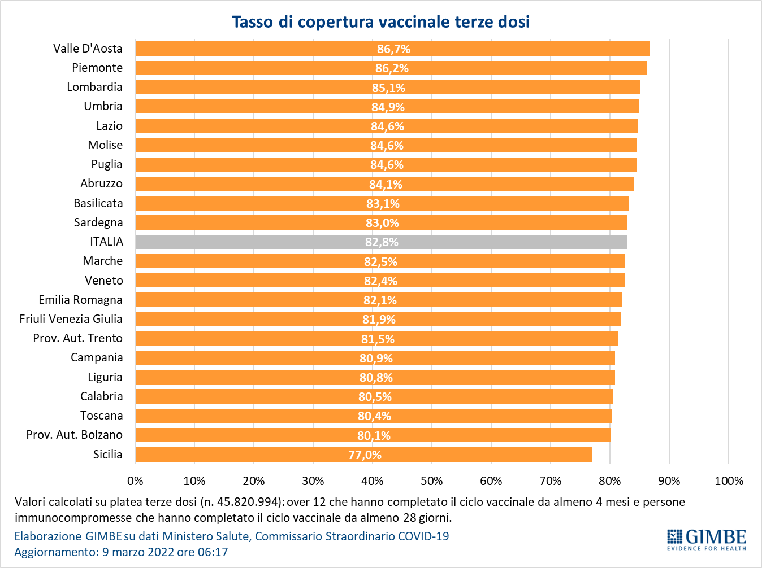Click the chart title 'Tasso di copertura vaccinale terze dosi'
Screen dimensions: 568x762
click(380, 22)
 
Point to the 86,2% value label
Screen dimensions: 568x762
click(392, 68)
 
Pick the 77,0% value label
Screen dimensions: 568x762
click(365, 455)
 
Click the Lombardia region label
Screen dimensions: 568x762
click(94, 87)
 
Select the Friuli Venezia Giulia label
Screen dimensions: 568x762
click(71, 319)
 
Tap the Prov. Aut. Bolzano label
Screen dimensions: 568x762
click(74, 435)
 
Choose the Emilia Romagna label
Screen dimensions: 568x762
click(80, 300)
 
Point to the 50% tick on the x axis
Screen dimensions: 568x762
click(431, 481)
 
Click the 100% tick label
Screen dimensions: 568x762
click(729, 481)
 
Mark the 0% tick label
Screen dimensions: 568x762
click(135, 481)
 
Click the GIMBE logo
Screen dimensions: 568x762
click(707, 540)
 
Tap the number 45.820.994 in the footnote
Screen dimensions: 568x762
click(249, 502)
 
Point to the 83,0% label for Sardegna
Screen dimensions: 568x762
click(382, 223)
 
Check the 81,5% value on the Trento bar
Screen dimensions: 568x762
click(378, 339)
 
